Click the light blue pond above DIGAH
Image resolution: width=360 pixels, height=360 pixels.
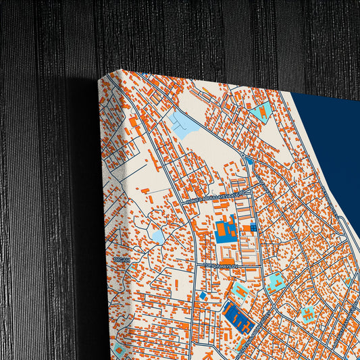tap(157, 236)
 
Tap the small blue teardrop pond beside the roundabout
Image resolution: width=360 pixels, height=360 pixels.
tap(249, 161)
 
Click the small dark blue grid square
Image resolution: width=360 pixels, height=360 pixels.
tap(254, 228)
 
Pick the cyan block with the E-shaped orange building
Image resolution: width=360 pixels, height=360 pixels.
tap(308, 314)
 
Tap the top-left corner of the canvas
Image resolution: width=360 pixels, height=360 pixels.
tap(100, 79)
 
